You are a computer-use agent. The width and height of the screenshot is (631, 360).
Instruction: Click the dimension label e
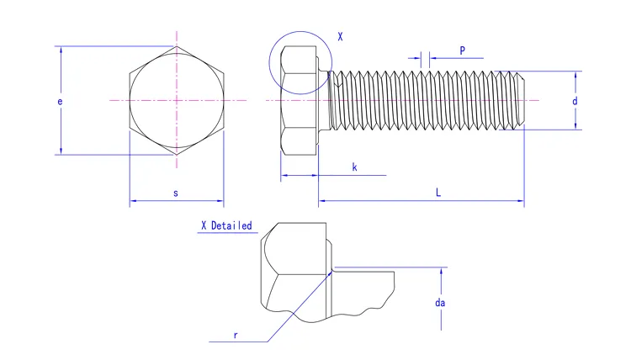coord(59,101)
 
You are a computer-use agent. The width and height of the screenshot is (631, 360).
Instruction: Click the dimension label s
coord(176,193)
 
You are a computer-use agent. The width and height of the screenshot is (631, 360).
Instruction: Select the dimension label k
coord(354,167)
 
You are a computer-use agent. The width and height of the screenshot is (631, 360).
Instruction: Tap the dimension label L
coord(437,193)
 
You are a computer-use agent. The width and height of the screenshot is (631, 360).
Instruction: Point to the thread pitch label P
coord(462,50)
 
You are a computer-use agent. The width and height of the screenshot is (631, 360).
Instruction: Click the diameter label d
coord(575,101)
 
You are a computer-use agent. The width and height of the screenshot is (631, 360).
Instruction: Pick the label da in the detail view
coord(439,303)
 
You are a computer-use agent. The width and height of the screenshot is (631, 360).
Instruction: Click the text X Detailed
coord(225,225)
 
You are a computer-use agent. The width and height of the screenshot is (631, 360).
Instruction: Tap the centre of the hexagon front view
coord(177,101)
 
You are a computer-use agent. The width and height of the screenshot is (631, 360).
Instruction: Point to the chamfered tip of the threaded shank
coord(520,101)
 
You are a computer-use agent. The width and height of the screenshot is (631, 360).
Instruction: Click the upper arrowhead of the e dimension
coord(60,50)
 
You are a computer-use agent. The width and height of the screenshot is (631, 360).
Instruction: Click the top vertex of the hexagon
coord(177,46)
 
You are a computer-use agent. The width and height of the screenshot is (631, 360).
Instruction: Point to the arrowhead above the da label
coord(441,272)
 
